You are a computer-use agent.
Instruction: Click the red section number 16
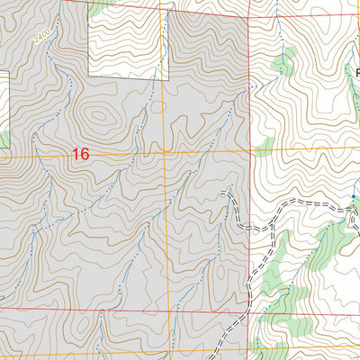click(81, 155)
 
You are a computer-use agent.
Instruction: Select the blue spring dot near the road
click(354, 196)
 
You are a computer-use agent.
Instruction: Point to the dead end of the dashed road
click(221, 193)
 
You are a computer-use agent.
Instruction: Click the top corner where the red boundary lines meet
click(248, 14)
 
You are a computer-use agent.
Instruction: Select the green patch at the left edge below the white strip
click(3, 139)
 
